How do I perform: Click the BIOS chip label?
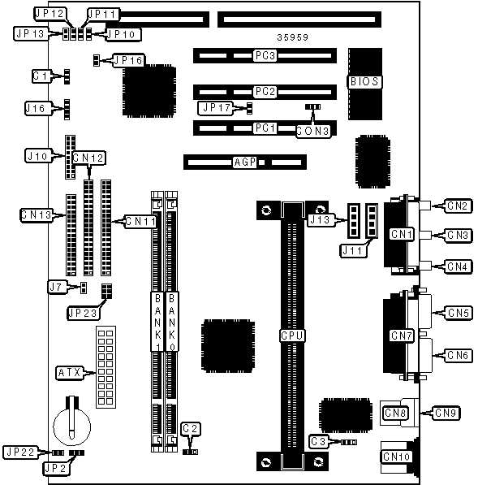364,82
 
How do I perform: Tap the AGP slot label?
245,162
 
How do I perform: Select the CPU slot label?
292,336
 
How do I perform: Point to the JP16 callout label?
128,60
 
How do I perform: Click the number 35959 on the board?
293,37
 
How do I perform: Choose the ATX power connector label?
70,373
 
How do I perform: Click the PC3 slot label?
265,56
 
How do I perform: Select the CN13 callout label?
37,214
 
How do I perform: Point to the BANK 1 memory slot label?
157,322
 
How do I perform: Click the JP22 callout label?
20,453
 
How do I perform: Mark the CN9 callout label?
446,413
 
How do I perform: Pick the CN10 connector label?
396,457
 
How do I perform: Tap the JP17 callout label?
216,108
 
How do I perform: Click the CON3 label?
312,131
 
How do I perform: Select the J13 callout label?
321,220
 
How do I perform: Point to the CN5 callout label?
459,313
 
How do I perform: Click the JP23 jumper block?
106,291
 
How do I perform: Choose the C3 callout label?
318,442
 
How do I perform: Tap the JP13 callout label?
31,33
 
